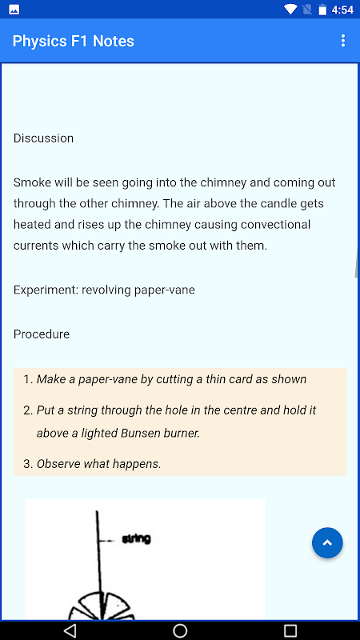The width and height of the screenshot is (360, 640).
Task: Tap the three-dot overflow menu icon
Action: click(343, 41)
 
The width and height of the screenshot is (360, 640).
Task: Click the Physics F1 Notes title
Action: click(74, 41)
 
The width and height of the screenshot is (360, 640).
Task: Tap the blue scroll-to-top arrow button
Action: click(327, 543)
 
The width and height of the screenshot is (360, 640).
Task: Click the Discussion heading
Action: click(44, 138)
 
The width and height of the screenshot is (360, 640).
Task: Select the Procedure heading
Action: click(42, 334)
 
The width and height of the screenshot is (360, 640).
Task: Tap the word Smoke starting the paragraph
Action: click(30, 182)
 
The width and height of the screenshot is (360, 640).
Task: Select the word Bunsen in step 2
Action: click(138, 433)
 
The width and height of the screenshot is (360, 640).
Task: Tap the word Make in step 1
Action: click(48, 379)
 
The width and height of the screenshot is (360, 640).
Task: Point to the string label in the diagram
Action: click(136, 539)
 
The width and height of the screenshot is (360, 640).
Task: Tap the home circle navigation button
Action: click(180, 630)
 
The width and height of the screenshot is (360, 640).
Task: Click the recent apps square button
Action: click(290, 630)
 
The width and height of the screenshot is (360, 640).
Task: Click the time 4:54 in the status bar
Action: click(342, 10)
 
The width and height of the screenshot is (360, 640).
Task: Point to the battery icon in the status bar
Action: click(322, 10)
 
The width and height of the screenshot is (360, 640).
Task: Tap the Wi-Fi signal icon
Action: click(290, 10)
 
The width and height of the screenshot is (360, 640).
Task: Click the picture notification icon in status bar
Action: click(14, 10)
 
